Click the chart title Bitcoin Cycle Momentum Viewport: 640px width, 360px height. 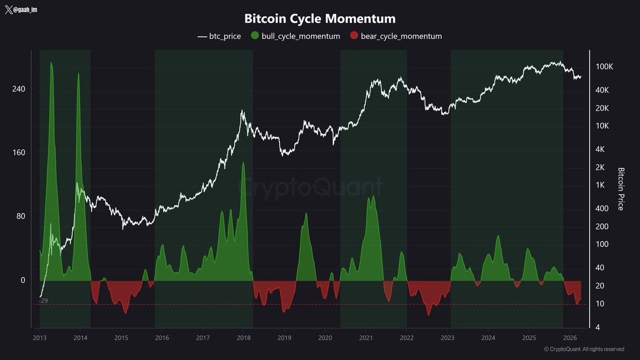(320, 19)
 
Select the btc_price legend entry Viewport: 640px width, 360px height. (219, 36)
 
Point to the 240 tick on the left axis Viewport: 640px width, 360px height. (19, 89)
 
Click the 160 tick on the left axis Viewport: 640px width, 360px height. (19, 153)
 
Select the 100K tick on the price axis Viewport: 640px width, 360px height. (605, 67)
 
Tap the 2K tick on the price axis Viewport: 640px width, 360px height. (603, 167)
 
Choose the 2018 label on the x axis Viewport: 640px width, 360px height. (244, 338)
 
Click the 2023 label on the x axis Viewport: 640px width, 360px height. (447, 338)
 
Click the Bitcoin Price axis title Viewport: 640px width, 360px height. (621, 189)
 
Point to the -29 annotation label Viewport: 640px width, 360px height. (44, 301)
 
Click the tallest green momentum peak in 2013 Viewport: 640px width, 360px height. (52, 63)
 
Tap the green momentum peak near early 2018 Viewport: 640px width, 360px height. (243, 163)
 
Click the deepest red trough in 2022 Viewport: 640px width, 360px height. (428, 315)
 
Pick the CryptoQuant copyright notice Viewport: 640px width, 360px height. (583, 349)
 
